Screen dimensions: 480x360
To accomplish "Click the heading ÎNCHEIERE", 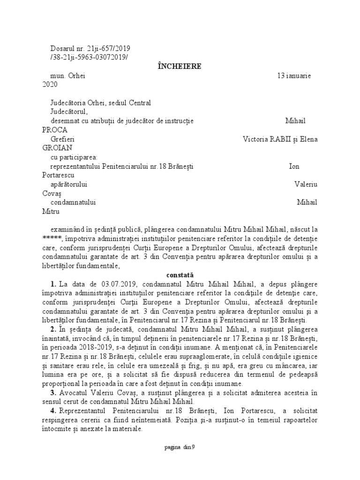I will [x=180, y=66].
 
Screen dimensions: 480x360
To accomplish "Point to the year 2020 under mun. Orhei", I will [x=49, y=84].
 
